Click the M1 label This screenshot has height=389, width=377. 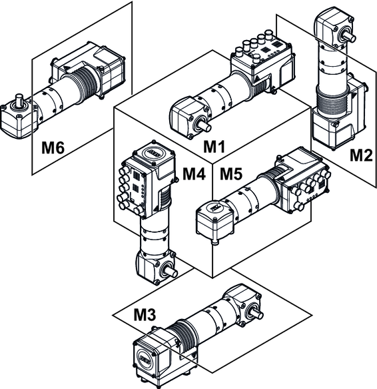214,146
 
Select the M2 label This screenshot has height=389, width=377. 361,155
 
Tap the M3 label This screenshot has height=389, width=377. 145,314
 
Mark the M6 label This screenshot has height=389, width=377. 53,147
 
